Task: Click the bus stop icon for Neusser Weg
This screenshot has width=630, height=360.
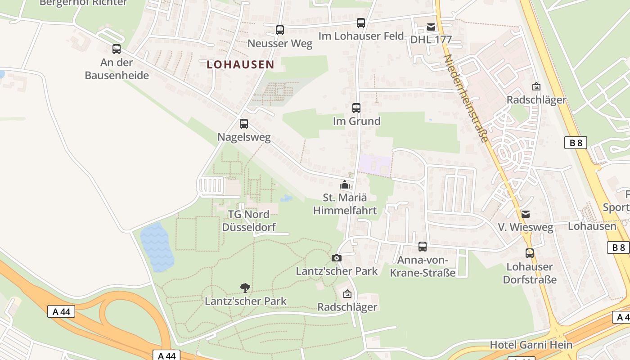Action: (x=280, y=30)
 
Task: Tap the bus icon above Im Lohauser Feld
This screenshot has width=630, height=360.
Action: (x=360, y=23)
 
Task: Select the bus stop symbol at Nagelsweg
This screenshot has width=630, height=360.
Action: (x=244, y=123)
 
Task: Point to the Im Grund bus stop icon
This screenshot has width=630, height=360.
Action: (x=356, y=108)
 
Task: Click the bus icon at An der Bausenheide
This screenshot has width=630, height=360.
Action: (x=117, y=49)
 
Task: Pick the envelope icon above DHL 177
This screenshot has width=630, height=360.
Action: (x=431, y=27)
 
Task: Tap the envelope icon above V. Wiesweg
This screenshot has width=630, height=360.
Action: (x=526, y=214)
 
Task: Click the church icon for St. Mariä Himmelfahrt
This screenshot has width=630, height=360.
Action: (x=345, y=184)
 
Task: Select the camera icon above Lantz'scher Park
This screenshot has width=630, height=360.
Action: (x=336, y=258)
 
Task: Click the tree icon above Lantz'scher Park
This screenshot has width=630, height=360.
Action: (x=245, y=288)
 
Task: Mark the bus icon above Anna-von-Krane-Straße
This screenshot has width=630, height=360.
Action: (x=422, y=247)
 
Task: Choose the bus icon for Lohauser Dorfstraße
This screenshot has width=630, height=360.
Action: (x=530, y=253)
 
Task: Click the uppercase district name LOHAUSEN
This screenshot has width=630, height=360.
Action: (x=240, y=64)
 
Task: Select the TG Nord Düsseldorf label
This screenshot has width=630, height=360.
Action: (x=249, y=220)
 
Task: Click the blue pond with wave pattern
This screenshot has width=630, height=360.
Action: (x=157, y=247)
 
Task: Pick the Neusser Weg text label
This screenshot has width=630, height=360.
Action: (x=280, y=44)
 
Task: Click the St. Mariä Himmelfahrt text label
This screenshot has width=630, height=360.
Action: (x=345, y=204)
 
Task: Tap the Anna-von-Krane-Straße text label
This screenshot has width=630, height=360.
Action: (x=423, y=266)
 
